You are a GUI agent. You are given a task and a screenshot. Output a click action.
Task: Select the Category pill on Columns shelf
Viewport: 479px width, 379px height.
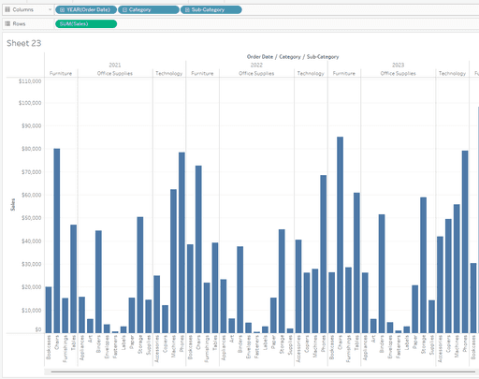pyautogui.click(x=143, y=8)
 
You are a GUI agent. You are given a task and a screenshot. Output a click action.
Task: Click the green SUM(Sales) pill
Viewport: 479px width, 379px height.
pyautogui.click(x=86, y=22)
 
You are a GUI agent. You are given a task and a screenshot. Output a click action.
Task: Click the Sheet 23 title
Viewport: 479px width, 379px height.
pyautogui.click(x=22, y=43)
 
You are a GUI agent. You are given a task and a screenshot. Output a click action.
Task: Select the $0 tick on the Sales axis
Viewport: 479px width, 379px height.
pyautogui.click(x=36, y=329)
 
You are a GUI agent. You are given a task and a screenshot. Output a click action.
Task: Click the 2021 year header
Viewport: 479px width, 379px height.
pyautogui.click(x=114, y=65)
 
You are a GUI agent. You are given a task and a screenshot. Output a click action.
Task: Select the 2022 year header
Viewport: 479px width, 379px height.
pyautogui.click(x=256, y=65)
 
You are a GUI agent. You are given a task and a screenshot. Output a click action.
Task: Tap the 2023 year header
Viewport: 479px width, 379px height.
pyautogui.click(x=398, y=65)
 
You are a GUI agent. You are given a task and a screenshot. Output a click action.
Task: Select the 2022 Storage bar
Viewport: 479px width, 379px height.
pyautogui.click(x=282, y=281)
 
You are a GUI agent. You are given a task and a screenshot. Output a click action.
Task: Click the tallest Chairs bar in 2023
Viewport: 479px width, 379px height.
pyautogui.click(x=340, y=234)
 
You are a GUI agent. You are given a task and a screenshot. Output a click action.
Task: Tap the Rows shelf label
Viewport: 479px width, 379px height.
pyautogui.click(x=19, y=22)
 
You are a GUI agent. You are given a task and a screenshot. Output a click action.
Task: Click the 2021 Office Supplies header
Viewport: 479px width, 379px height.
pyautogui.click(x=114, y=73)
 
